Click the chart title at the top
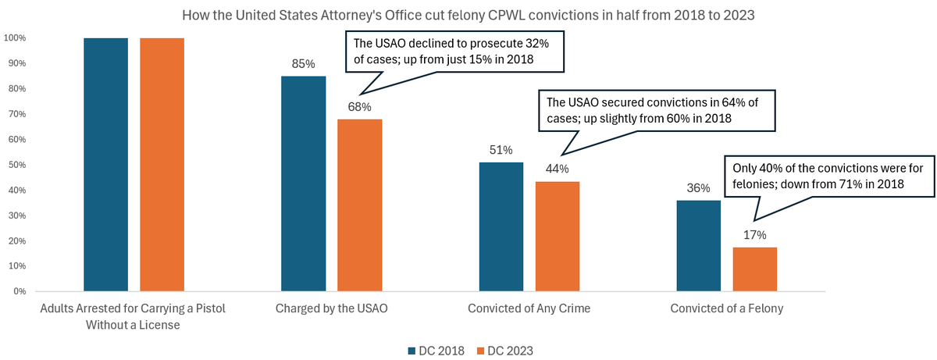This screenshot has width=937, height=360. [468, 15]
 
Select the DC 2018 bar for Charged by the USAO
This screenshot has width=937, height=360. [304, 184]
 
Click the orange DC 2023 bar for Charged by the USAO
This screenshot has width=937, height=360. [360, 205]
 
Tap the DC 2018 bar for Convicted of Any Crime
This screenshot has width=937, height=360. [501, 226]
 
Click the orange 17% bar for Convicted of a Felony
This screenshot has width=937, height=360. [754, 269]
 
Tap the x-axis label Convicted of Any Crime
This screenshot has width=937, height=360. [529, 309]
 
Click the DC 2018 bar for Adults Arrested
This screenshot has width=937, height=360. [106, 165]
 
